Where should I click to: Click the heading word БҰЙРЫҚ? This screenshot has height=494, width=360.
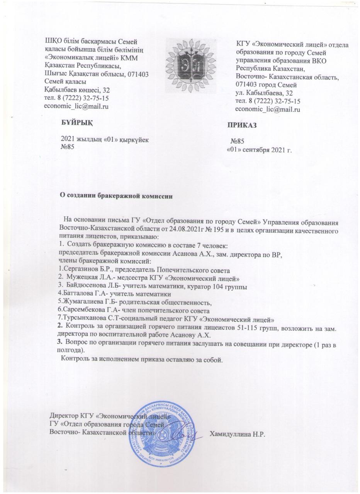point(77,123)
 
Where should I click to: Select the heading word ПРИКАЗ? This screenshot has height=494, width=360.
point(242,126)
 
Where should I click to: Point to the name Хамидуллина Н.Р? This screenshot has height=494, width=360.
point(235,433)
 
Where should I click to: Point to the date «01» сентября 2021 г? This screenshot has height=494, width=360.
point(259,150)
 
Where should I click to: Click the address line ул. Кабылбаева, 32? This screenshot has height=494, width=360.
point(264,93)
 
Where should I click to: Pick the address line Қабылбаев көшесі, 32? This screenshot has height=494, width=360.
point(77,90)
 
